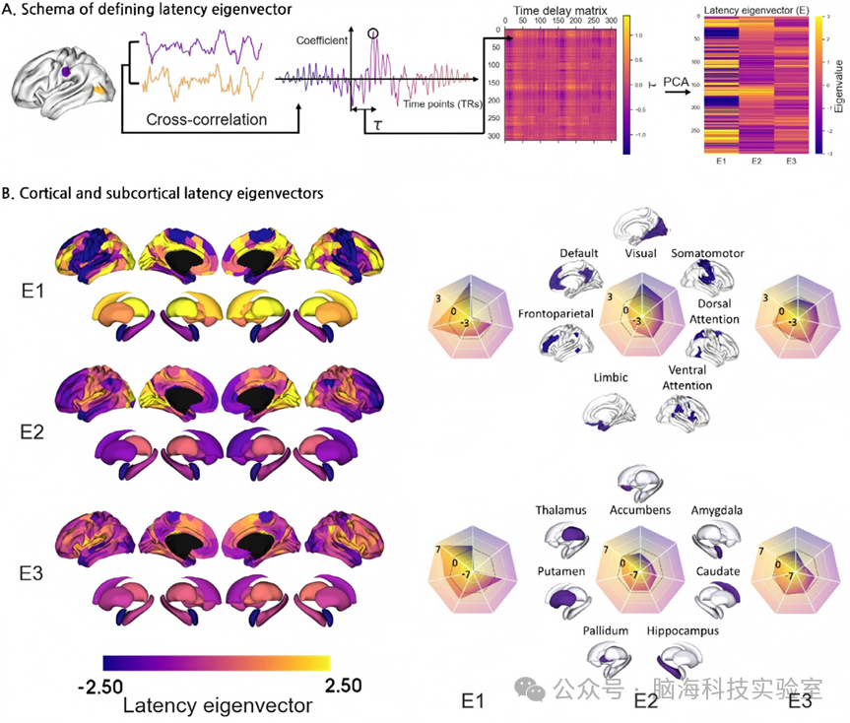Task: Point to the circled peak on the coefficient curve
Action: coord(372,34)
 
